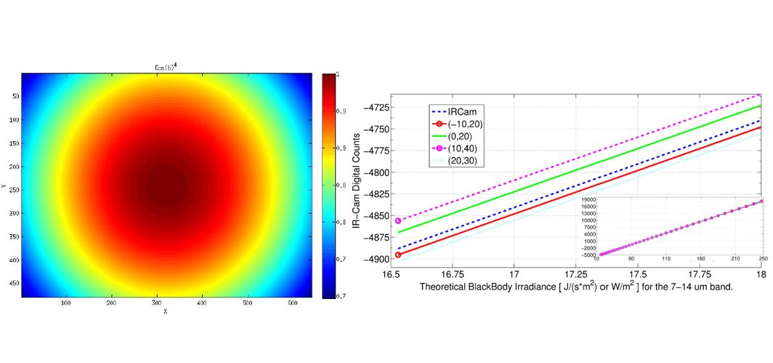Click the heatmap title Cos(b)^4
(167, 67)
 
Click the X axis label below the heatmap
(166, 311)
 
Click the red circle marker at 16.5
(398, 255)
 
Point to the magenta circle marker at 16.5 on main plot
(398, 220)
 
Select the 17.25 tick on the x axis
(575, 276)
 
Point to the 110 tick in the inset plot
(666, 260)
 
